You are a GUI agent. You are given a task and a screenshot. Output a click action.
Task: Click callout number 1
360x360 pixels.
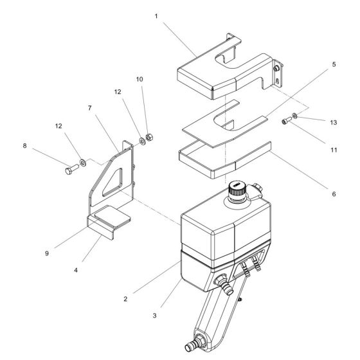click(156, 16)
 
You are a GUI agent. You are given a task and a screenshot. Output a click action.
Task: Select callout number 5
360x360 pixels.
click(334, 64)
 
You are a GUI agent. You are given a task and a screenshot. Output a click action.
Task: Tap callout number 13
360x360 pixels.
click(334, 122)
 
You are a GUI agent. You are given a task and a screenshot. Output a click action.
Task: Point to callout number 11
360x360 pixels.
click(334, 150)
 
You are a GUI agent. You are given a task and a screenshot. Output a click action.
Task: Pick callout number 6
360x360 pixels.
click(334, 194)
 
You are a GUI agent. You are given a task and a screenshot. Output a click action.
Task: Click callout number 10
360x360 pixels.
click(139, 79)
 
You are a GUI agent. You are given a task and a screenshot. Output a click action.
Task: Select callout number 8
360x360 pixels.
click(24, 146)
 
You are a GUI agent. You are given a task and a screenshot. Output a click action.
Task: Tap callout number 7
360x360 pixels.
click(89, 108)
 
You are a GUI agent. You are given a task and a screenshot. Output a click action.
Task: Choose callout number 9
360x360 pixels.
click(47, 253)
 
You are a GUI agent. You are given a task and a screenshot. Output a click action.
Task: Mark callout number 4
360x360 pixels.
click(76, 270)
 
